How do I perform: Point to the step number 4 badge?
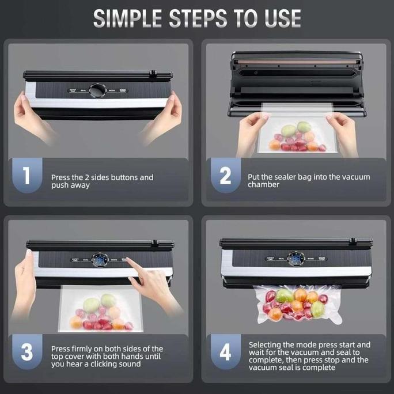coord(225,353)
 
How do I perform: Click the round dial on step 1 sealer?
coord(98,90)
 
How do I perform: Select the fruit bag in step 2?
coord(294,137)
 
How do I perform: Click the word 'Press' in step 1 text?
coord(62,177)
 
